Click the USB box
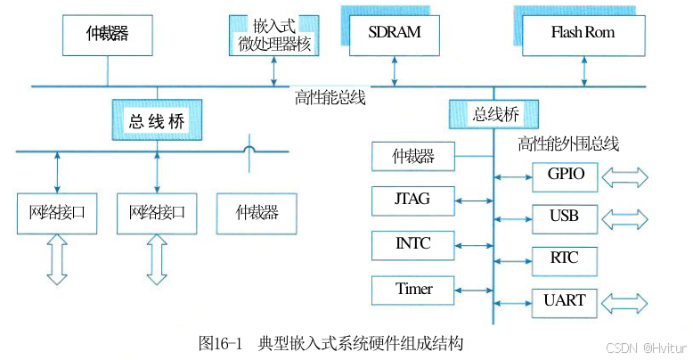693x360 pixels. [x=566, y=217]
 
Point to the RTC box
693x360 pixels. [x=566, y=259]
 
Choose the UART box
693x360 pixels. [x=566, y=301]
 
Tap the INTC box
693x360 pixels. [x=413, y=242]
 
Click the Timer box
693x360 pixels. [x=413, y=290]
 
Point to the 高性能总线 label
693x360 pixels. [x=330, y=98]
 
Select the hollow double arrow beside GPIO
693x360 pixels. [x=626, y=177]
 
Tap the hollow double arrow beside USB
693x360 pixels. [x=626, y=217]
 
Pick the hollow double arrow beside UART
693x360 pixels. [x=626, y=302]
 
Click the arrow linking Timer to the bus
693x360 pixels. [x=474, y=290]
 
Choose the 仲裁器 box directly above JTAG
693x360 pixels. [x=413, y=158]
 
